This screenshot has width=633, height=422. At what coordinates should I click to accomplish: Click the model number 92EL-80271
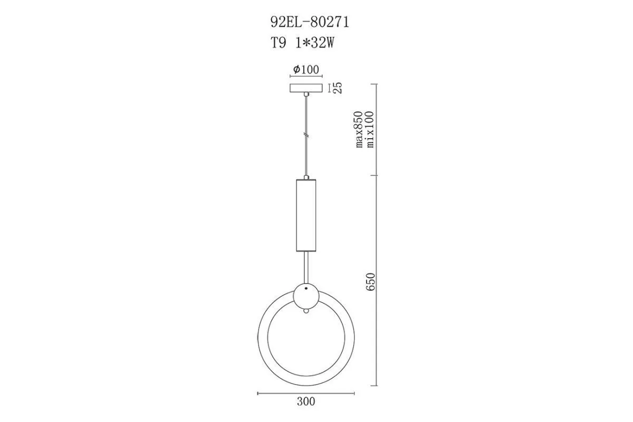pos(310,22)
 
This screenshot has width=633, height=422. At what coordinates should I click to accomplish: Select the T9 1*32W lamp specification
pos(303,43)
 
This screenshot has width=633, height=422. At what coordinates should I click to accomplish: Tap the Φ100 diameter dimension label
pos(306,69)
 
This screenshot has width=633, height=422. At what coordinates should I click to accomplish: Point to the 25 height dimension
pos(338,88)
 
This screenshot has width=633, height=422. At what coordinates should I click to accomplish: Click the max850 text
pos(359,129)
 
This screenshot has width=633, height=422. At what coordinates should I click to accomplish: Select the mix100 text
pos(370,129)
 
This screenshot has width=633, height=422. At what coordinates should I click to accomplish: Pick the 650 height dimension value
pos(370,282)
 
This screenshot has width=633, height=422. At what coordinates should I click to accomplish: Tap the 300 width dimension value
pos(306,401)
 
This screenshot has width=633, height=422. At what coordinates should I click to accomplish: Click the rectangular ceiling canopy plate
pos(306,88)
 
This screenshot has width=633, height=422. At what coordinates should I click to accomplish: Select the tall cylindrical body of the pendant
pos(306,215)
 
